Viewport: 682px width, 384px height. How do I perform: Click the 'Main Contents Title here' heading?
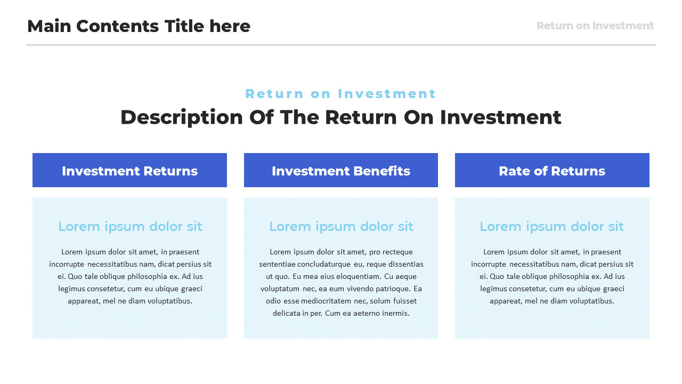click(x=139, y=26)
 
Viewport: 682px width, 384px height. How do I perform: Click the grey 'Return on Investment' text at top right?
click(x=595, y=26)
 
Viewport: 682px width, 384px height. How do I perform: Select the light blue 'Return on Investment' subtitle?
click(x=340, y=94)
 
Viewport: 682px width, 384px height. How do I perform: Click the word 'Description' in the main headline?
click(x=181, y=117)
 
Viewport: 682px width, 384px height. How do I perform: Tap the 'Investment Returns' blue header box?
click(x=129, y=171)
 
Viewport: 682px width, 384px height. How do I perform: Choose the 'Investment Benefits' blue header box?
click(x=341, y=171)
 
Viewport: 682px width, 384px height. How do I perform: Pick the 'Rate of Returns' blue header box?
click(x=552, y=171)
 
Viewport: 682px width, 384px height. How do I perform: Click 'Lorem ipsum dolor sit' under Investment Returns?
click(x=130, y=227)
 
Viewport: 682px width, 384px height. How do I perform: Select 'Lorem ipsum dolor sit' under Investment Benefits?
click(x=341, y=227)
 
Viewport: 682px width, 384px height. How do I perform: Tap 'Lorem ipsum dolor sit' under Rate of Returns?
click(x=551, y=227)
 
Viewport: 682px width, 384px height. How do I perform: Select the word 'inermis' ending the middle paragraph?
click(x=396, y=313)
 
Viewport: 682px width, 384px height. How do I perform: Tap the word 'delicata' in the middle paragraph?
click(x=287, y=313)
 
